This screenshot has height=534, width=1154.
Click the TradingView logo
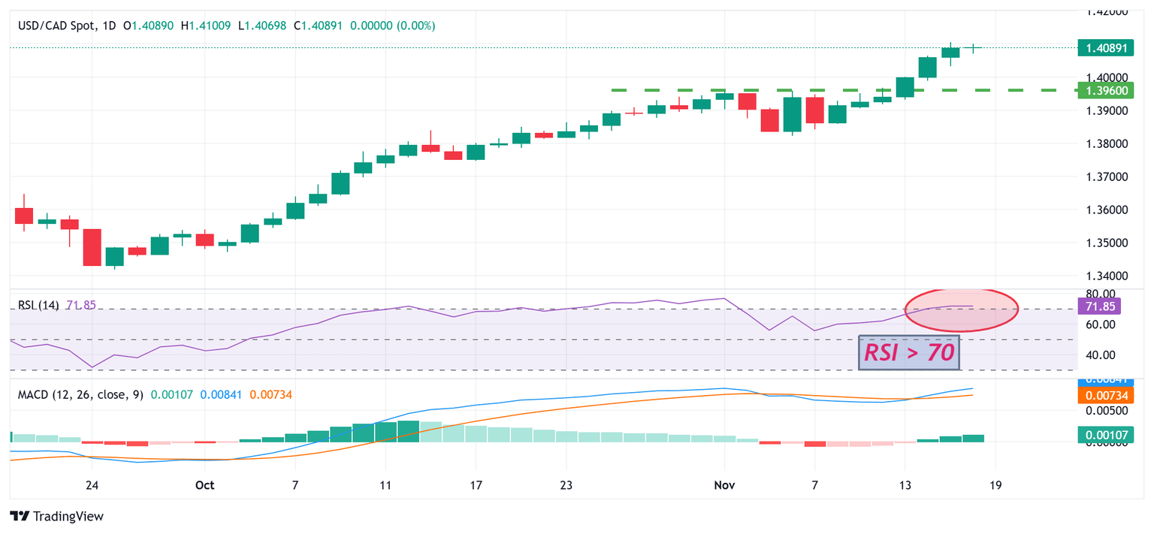coord(57,516)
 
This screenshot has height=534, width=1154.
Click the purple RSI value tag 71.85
coord(1099,306)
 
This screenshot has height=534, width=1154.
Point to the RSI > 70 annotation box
coord(909,352)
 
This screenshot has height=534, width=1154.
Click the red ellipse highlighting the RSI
coord(962,309)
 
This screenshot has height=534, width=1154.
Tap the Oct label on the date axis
coord(204,485)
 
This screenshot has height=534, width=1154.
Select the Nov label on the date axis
coord(724,485)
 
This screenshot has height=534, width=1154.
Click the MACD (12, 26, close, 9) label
coord(80,394)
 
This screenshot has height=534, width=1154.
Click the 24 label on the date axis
coord(92,485)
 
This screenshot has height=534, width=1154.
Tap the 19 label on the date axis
coord(995,485)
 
